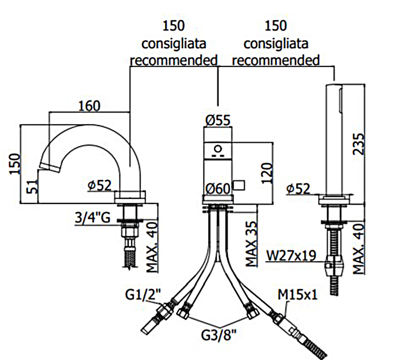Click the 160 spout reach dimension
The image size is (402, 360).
[x=89, y=106]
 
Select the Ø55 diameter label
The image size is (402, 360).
[x=218, y=120]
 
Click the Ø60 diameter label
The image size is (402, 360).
[x=218, y=189]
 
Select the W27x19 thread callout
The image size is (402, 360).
[x=291, y=256]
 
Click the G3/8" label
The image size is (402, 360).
[x=217, y=334]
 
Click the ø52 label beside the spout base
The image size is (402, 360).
[x=99, y=185]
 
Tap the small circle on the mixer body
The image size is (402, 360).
[x=218, y=150]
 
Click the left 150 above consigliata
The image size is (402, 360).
[x=174, y=25]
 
